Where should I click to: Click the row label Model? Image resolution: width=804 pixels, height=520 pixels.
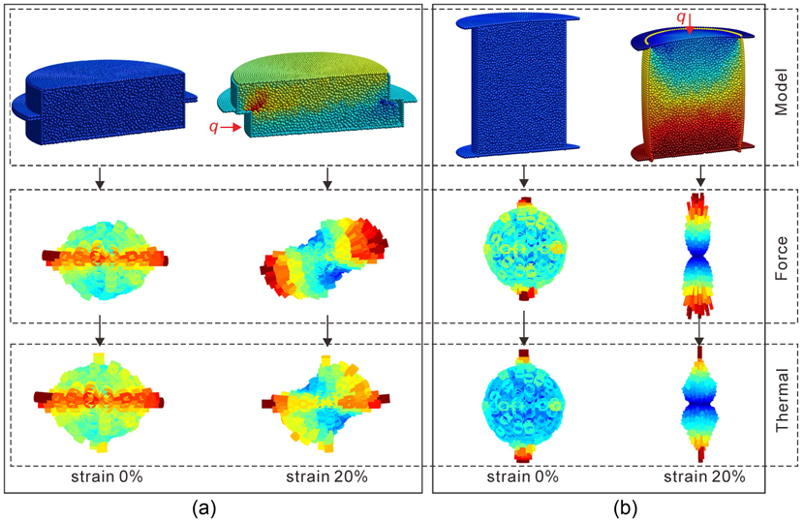781,91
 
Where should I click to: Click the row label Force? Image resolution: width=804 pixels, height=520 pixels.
781,258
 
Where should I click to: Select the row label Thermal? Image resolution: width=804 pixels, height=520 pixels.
782,400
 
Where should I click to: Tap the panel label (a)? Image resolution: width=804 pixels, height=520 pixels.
204,508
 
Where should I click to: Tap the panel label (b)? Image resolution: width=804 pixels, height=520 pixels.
625,508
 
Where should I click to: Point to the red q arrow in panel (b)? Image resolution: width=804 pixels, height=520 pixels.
690,24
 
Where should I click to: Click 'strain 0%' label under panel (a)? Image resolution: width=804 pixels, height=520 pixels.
107,476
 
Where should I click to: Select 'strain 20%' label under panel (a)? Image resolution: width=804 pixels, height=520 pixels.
326,476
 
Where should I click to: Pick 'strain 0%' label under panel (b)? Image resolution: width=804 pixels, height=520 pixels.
522,476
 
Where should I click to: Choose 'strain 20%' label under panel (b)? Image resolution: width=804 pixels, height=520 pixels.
704,476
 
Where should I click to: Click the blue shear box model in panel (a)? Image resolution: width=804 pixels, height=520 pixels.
105,98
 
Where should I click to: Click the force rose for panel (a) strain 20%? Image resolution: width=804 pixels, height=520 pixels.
325,258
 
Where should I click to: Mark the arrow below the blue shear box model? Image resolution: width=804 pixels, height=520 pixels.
101,178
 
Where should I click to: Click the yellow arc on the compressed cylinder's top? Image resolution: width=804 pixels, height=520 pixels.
690,32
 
